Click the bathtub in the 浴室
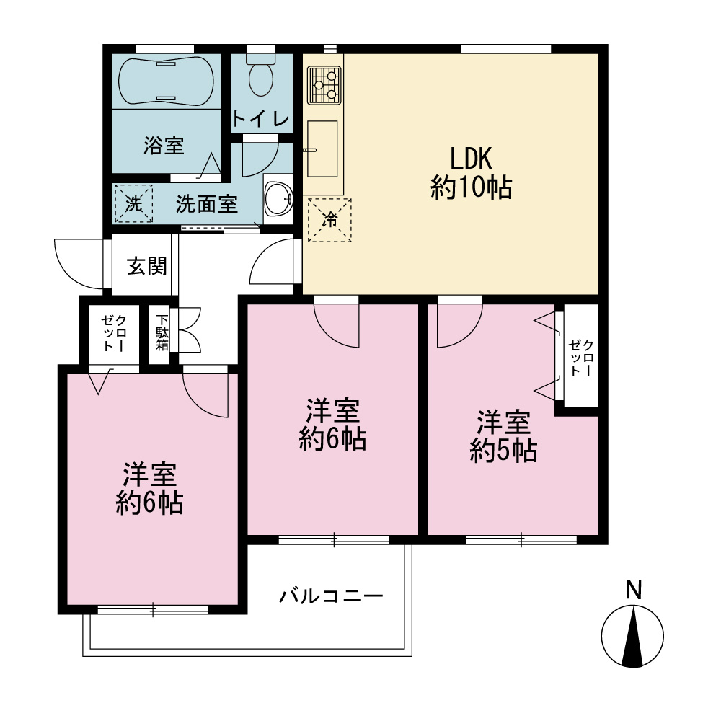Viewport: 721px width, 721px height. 166,81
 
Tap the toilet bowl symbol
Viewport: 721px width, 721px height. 261,75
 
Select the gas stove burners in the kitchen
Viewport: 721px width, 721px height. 324,84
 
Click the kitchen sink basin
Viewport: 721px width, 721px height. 322,149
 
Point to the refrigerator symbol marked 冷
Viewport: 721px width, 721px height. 329,220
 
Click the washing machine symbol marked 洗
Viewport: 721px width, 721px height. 133,203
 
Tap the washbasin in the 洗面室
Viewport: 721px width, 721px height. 278,199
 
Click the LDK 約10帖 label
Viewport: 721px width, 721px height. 472,173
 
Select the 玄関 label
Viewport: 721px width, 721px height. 146,266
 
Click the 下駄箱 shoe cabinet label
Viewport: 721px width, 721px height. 162,332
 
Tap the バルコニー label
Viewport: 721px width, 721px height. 331,596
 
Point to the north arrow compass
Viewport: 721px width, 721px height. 633,637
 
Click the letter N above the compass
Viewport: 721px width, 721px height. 634,590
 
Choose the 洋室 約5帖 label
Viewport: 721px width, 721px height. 503,436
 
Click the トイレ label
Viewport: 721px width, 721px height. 261,119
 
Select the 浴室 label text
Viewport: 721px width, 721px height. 164,146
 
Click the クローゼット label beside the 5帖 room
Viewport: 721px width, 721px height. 582,358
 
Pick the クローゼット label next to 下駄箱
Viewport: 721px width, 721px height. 114,333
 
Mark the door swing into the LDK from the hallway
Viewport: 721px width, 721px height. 271,262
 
